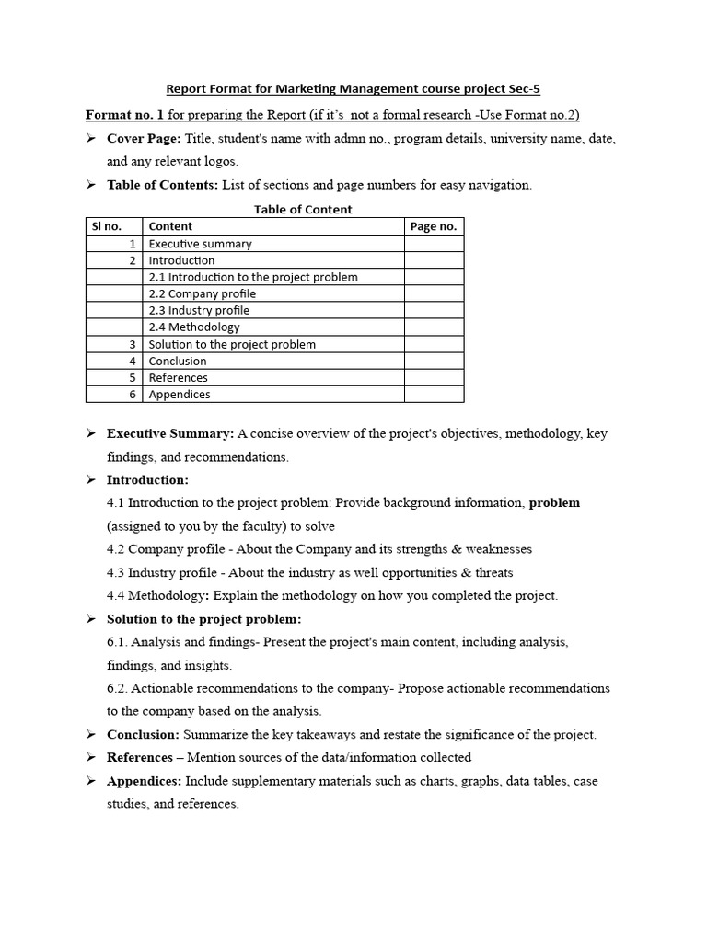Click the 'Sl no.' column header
(104, 226)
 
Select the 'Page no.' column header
(433, 226)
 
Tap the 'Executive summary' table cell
(200, 244)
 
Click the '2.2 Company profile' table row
(203, 293)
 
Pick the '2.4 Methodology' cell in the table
(193, 327)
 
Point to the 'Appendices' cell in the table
(180, 395)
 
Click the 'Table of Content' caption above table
(303, 210)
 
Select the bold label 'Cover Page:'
(144, 138)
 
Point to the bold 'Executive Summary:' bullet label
(170, 433)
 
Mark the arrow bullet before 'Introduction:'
(91, 479)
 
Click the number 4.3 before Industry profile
(116, 572)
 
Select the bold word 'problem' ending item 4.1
(554, 502)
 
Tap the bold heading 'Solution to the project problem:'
(203, 619)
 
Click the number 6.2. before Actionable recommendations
(119, 688)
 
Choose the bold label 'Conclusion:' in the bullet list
(144, 734)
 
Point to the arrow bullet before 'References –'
(91, 757)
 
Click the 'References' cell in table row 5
(179, 378)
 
